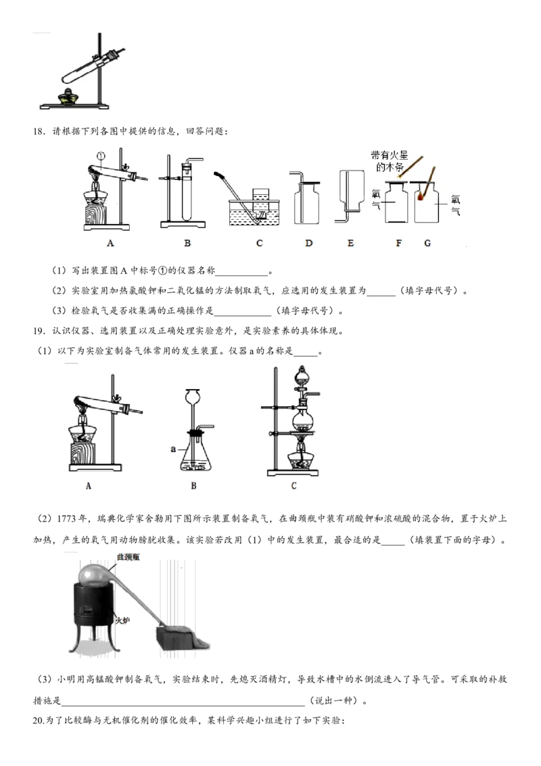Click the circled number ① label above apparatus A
(x=101, y=156)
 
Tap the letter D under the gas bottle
(x=308, y=243)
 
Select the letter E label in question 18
(x=350, y=243)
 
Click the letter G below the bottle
(x=427, y=243)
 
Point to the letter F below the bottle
(x=398, y=243)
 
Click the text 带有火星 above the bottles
(x=389, y=156)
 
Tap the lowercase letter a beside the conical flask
(x=173, y=449)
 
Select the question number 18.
(x=39, y=131)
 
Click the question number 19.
(x=39, y=331)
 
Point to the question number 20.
(x=39, y=720)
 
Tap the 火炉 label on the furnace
(x=122, y=621)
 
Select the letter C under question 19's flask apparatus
(x=293, y=486)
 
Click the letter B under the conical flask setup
(x=193, y=486)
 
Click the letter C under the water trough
(x=259, y=243)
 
